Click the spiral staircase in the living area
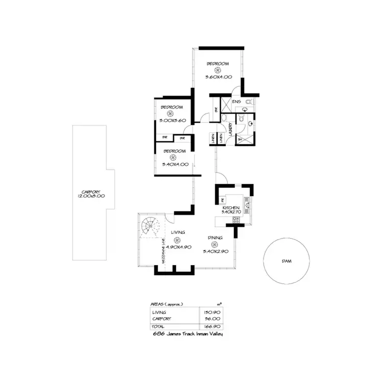point(152,227)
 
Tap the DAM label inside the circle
point(286,261)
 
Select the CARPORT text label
point(87,192)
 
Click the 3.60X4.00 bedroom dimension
point(219,77)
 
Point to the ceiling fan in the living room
point(177,241)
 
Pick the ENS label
point(236,102)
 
